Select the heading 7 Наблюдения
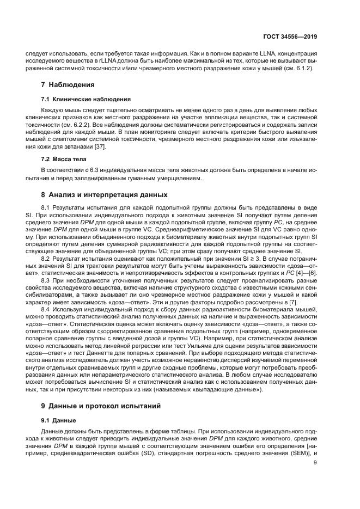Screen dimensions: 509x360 click(68, 85)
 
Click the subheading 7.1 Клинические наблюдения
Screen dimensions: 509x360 click(86, 99)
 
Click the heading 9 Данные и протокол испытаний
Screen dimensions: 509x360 click(101, 406)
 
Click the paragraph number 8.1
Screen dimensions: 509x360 click(46, 208)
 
